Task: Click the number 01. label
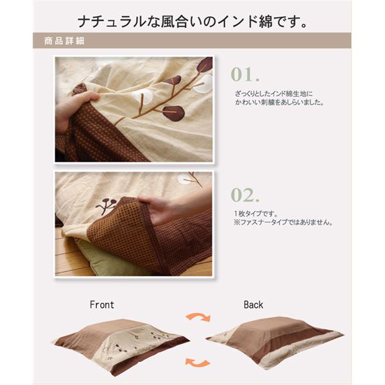[245, 74]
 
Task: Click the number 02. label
[245, 195]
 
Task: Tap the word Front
[102, 305]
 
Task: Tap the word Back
[253, 305]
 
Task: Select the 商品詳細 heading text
[64, 41]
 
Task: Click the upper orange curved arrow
[198, 317]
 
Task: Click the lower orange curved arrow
[198, 363]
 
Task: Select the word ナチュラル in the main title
[112, 22]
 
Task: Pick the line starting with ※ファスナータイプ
[283, 222]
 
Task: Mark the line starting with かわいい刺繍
[279, 102]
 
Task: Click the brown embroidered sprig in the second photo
[107, 205]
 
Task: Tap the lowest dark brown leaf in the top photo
[174, 113]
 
